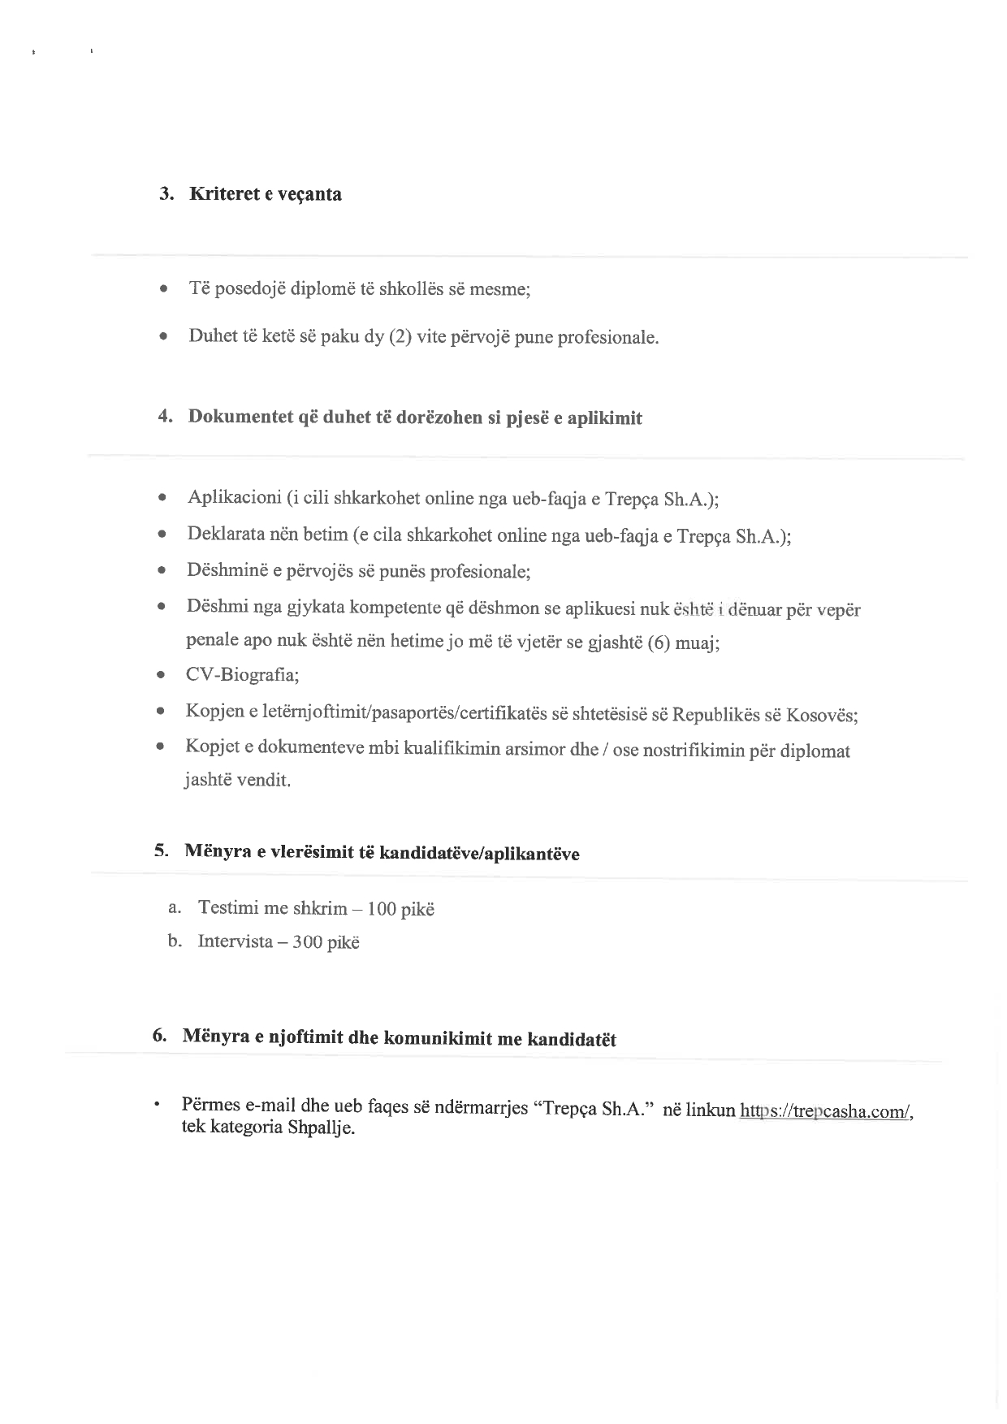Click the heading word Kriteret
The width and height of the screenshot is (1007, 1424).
coord(220,194)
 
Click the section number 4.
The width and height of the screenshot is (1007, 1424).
coord(165,416)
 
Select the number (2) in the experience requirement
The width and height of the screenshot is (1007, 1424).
coord(400,336)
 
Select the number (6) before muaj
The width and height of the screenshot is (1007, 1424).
coord(659,644)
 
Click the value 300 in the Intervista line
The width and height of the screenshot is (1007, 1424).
coord(308,942)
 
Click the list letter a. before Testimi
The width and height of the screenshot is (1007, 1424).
coord(174,907)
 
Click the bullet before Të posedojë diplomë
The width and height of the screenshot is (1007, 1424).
coord(165,288)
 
